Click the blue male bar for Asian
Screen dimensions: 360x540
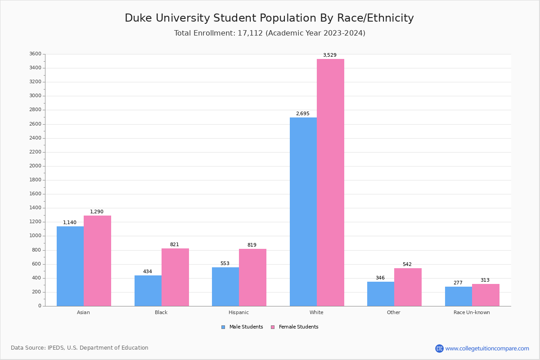[x=70, y=266]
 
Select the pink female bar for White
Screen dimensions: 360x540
[x=330, y=182]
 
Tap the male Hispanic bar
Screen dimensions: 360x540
[x=225, y=287]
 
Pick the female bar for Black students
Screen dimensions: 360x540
[x=175, y=277]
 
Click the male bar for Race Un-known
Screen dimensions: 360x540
[x=459, y=296]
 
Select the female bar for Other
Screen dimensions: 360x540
[x=408, y=287]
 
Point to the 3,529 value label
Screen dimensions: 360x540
[x=329, y=55]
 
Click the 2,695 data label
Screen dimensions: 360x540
[x=302, y=114]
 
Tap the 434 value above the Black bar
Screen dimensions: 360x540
[x=148, y=272]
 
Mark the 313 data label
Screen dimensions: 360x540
[x=485, y=280]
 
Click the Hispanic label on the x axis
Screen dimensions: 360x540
[x=238, y=312]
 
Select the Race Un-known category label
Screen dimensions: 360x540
[x=472, y=312]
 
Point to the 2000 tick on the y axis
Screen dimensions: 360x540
[x=36, y=166]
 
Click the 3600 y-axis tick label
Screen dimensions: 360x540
[x=36, y=54]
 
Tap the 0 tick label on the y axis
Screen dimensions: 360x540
[x=40, y=306]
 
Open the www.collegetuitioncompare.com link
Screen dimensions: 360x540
[x=487, y=349]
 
